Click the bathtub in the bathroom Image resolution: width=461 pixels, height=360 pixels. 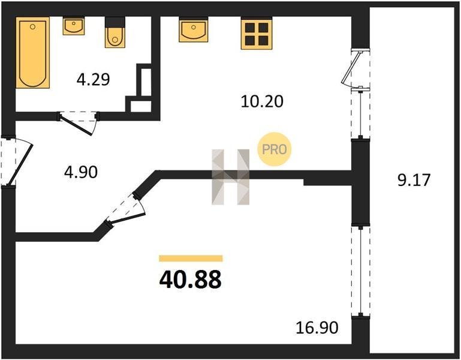click(x=32, y=52)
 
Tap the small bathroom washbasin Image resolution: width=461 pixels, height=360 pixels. click(x=74, y=26)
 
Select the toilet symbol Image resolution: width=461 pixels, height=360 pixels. click(x=115, y=32)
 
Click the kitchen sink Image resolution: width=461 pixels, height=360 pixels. click(x=194, y=29)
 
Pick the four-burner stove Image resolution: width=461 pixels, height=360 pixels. click(x=257, y=33)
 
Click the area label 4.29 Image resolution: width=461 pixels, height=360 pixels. click(x=93, y=79)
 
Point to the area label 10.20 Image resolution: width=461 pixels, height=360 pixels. click(x=262, y=101)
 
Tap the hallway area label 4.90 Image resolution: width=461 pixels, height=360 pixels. click(x=81, y=172)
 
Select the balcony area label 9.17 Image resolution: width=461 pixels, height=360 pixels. click(x=414, y=180)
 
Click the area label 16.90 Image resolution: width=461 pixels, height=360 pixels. click(x=317, y=328)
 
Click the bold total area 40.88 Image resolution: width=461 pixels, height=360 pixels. click(x=190, y=280)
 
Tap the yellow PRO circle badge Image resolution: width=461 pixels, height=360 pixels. click(x=274, y=149)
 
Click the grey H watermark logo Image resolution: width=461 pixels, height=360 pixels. click(x=230, y=177)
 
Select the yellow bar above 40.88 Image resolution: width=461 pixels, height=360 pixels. click(x=191, y=259)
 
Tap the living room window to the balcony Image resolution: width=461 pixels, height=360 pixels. click(x=360, y=271)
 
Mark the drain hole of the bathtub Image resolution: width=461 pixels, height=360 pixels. click(x=32, y=27)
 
